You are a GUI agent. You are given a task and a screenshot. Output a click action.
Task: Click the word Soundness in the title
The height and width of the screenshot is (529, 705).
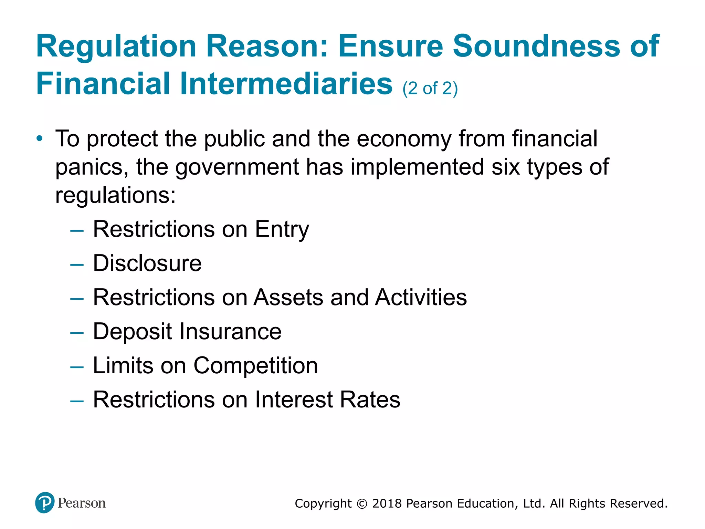click(x=536, y=46)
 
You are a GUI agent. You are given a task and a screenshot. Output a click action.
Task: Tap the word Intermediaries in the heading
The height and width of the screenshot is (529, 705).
click(x=286, y=84)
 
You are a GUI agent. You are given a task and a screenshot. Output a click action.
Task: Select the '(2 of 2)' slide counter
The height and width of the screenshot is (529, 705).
click(x=430, y=89)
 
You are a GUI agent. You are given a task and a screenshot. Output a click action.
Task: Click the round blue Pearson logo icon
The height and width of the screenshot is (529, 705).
click(x=45, y=502)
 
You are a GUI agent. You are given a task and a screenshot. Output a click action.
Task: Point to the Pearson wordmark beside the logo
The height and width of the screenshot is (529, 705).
click(x=82, y=503)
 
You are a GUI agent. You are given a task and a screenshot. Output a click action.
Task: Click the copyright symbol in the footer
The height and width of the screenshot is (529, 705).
click(x=362, y=504)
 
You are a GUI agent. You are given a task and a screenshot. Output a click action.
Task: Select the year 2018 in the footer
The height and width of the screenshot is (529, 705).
click(x=387, y=504)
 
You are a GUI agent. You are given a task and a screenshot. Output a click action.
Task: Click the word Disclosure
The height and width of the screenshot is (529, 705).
click(x=147, y=263)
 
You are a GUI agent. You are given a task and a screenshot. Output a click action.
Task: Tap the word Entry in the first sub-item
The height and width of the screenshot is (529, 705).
click(x=282, y=230)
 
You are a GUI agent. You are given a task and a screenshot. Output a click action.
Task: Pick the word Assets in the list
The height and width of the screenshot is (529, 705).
click(x=288, y=297)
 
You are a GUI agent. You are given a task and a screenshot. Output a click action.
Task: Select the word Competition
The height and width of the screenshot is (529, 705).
click(x=255, y=365)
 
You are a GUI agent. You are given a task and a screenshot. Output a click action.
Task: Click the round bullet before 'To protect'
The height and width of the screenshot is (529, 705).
click(x=40, y=139)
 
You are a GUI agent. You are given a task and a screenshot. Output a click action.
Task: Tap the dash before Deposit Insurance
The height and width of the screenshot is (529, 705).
click(x=76, y=333)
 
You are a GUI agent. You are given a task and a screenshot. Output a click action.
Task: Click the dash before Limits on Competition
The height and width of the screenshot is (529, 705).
click(x=76, y=367)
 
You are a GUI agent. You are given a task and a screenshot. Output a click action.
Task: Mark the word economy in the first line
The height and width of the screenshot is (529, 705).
click(x=404, y=139)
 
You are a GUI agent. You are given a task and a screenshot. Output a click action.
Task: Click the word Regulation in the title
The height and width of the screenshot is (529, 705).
click(x=116, y=46)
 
